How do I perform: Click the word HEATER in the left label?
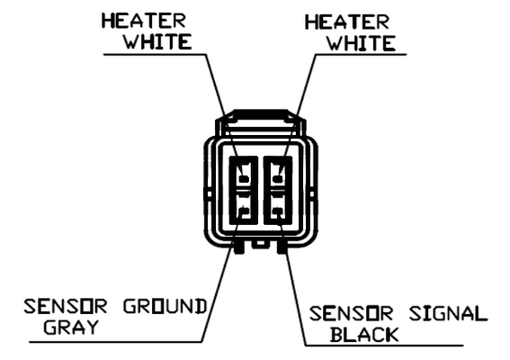point(143,21)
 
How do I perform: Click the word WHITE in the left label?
point(158,41)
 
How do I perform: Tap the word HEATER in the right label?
point(346,22)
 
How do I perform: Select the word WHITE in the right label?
point(362,43)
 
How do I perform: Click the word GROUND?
point(165,306)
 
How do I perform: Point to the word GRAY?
point(71,327)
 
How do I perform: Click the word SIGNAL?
point(448,314)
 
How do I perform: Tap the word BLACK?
point(364,335)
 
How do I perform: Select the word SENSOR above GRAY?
point(66,306)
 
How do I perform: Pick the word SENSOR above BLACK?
point(351,314)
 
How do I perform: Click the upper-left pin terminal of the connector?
point(244,179)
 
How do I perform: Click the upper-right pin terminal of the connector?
point(277,179)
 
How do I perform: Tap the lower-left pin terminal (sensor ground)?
point(244,211)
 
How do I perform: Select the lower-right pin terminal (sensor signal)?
point(277,211)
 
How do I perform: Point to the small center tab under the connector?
point(260,245)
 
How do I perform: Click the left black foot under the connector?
point(238,247)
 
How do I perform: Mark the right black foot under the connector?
point(282,247)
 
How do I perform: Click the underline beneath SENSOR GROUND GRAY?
point(116,342)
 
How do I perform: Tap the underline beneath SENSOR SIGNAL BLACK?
point(384,346)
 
